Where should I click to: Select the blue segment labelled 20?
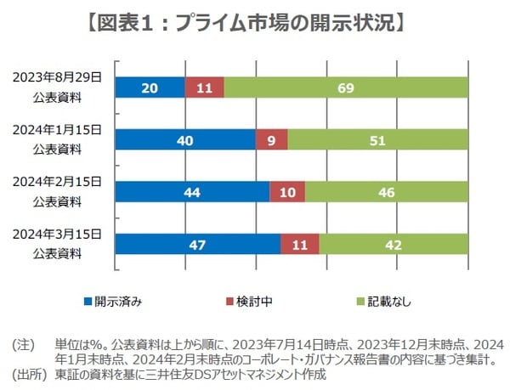click(x=150, y=88)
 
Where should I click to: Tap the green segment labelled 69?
click(x=346, y=88)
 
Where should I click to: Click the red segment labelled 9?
click(x=271, y=139)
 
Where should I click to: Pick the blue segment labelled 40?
click(x=185, y=139)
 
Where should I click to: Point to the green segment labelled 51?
click(x=377, y=139)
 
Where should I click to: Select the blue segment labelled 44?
click(x=192, y=192)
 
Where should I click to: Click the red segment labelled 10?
click(x=287, y=192)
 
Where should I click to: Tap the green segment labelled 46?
click(x=387, y=192)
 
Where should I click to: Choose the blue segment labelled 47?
click(x=198, y=244)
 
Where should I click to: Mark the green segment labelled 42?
click(x=394, y=244)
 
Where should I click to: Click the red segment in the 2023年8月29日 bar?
click(x=205, y=88)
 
